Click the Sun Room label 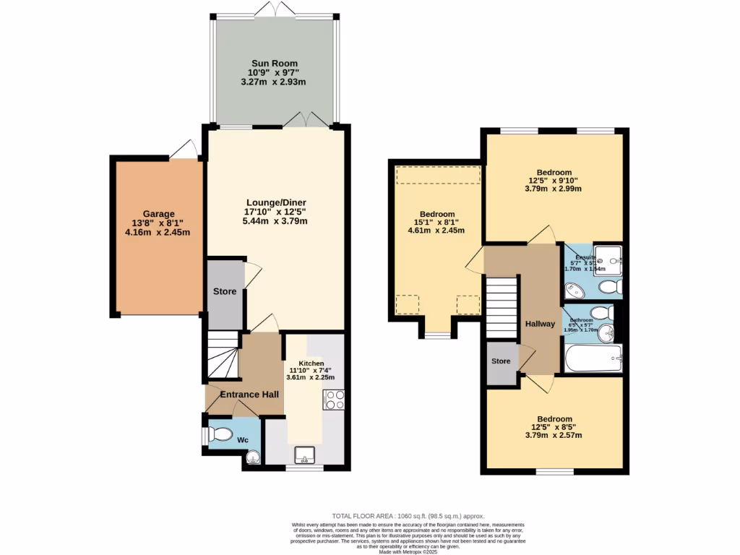274,64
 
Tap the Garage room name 158,214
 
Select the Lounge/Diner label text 275,202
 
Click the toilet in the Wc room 218,435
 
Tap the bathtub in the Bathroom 593,357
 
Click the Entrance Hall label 249,394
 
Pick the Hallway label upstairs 541,324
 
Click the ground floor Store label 225,291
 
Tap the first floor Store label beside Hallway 501,361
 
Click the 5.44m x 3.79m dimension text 275,221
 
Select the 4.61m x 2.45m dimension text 437,231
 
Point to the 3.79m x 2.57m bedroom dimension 554,435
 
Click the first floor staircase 501,304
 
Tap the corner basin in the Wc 252,457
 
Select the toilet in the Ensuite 611,288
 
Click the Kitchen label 312,363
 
